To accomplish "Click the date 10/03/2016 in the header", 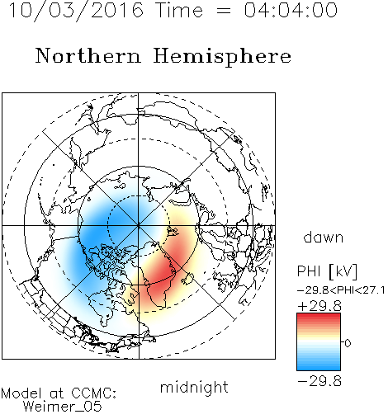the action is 76,10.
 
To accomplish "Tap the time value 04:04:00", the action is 291,10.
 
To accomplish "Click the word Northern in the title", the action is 88,55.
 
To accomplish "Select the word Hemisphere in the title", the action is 222,56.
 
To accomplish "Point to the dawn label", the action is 324,237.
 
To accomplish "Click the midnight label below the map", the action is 194,388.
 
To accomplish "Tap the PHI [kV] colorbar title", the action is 327,271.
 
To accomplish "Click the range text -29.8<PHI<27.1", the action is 341,290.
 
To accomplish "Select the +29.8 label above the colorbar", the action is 319,306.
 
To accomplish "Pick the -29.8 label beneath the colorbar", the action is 319,381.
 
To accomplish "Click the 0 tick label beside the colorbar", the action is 348,343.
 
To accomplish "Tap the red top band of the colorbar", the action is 319,318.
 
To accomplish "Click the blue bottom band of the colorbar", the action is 319,365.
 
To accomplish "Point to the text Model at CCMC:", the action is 59,393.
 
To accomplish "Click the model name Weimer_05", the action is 63,407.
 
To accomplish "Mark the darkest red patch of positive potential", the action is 163,271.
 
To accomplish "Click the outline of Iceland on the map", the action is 187,278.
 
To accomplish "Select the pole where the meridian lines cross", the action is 139,225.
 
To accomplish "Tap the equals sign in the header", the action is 224,11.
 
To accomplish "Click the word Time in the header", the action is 179,10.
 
